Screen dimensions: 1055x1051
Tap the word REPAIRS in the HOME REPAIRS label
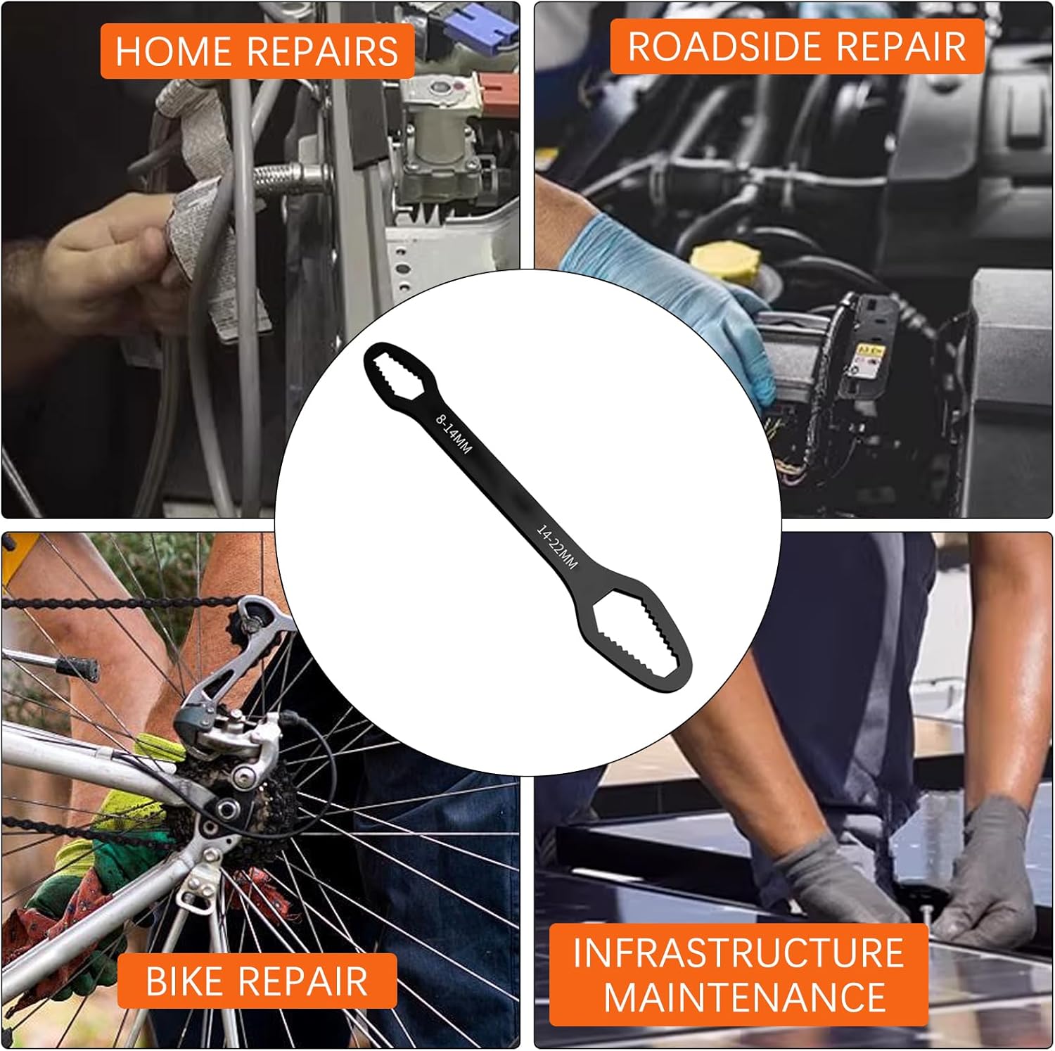coord(323,51)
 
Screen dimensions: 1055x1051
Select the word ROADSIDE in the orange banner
coord(725,46)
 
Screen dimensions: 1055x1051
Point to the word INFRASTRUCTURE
coord(738,953)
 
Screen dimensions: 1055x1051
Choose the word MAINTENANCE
coord(745,997)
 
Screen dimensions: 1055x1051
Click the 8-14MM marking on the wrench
coord(454,434)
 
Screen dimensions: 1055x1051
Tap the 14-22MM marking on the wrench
coord(557,547)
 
